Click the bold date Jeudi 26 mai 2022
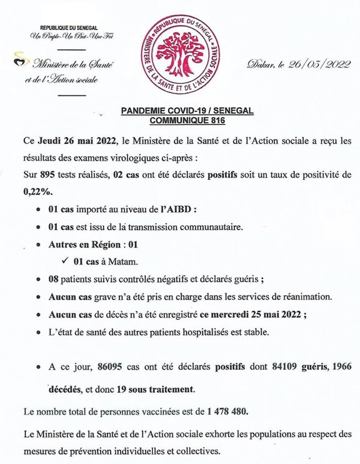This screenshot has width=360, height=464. point(81,139)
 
